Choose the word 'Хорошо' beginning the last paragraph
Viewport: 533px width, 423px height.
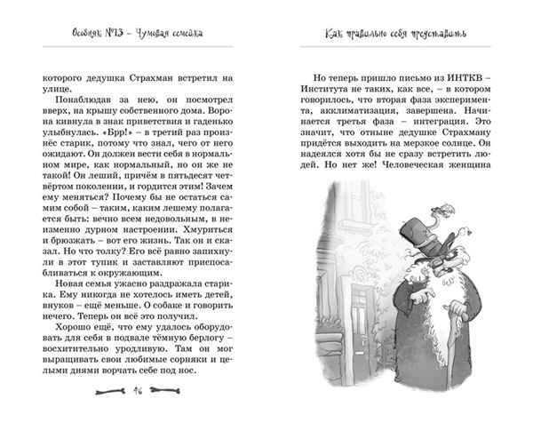(x=77, y=325)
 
